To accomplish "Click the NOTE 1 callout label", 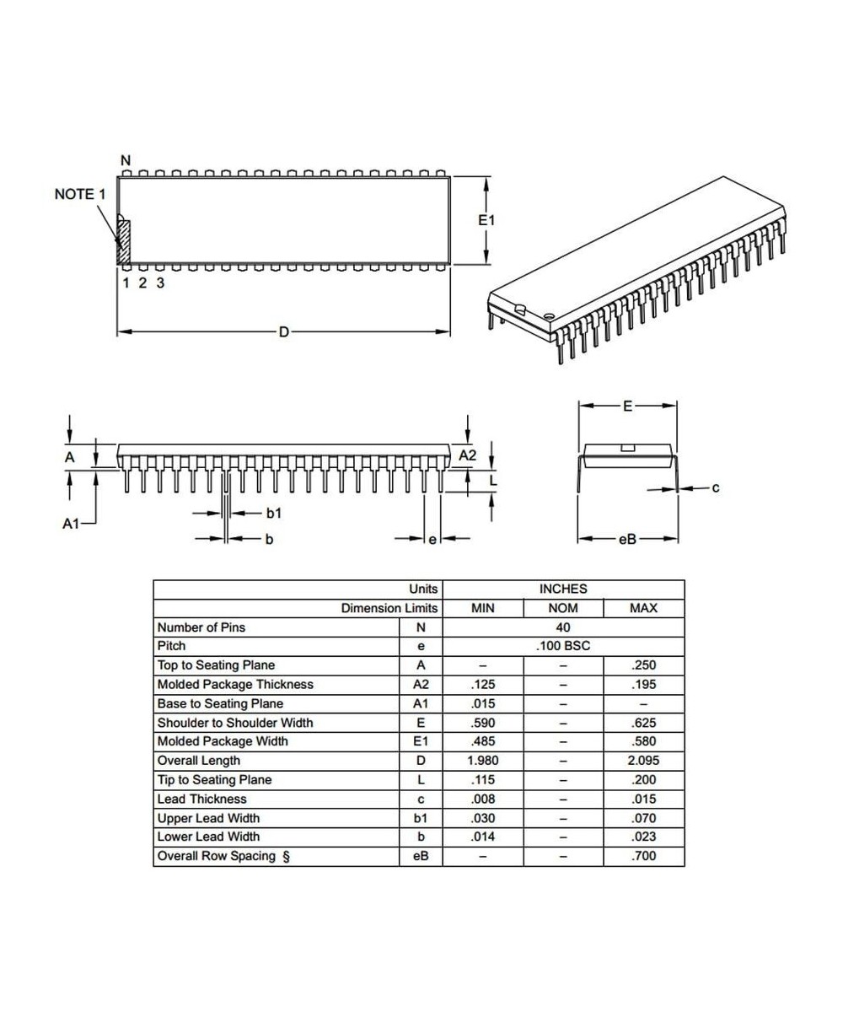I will [80, 194].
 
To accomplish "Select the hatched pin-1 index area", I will [123, 241].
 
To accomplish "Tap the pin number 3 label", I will [160, 283].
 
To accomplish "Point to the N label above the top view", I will [126, 160].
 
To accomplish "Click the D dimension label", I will [283, 332].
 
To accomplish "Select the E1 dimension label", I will [486, 220].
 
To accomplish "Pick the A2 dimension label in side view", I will [467, 455].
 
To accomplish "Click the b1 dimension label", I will [274, 513].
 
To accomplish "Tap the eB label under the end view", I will [627, 540].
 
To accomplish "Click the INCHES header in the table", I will [562, 589].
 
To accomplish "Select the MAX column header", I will [643, 608].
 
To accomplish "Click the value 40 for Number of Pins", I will [562, 627].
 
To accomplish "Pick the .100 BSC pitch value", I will [562, 646].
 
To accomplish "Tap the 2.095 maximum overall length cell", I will [643, 761].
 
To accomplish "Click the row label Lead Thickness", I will [201, 799].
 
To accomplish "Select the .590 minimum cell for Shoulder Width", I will [481, 723].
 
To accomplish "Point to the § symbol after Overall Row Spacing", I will [286, 856].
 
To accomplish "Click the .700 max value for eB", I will [643, 856].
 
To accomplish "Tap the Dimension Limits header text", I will [389, 608].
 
